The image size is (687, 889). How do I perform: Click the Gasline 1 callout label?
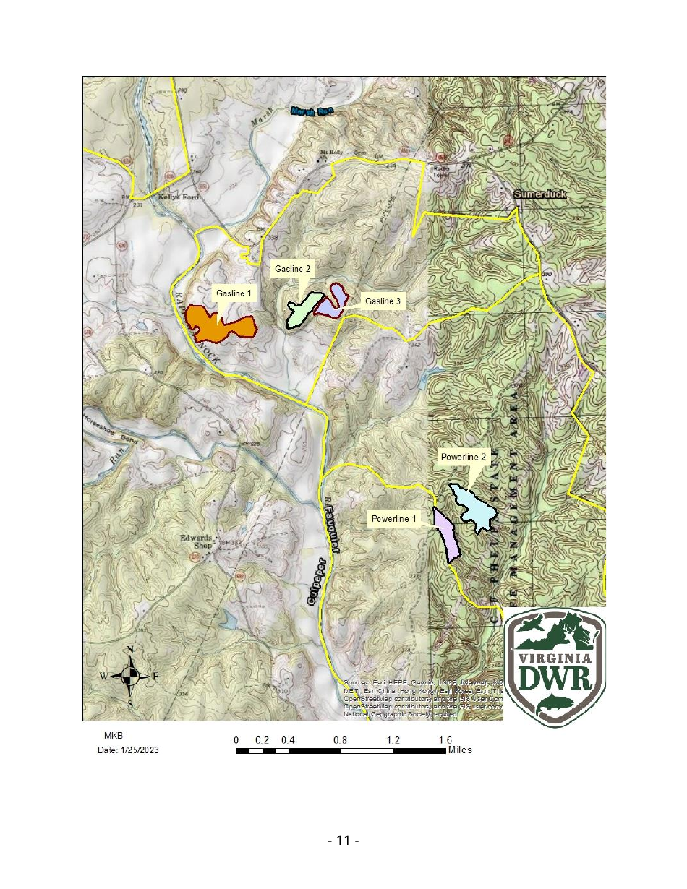pos(234,293)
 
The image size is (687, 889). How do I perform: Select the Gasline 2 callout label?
pos(292,269)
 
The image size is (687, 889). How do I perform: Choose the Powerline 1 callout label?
pos(393,518)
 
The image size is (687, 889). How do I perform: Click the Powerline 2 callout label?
pos(466,457)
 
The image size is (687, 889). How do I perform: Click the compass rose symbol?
pos(130,676)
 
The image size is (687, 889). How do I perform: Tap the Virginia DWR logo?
pos(554,666)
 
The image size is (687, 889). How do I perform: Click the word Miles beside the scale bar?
pos(460,750)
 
